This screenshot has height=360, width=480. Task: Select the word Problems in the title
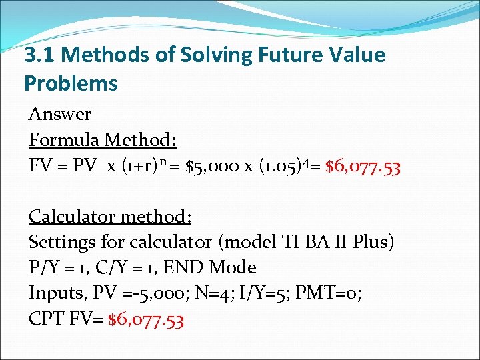point(71,83)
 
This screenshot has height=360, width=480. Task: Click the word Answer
point(60,114)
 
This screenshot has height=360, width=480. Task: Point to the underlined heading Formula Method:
point(103,140)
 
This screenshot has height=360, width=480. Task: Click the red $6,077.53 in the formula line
point(363,167)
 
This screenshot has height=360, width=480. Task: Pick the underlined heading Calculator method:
point(110,216)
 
